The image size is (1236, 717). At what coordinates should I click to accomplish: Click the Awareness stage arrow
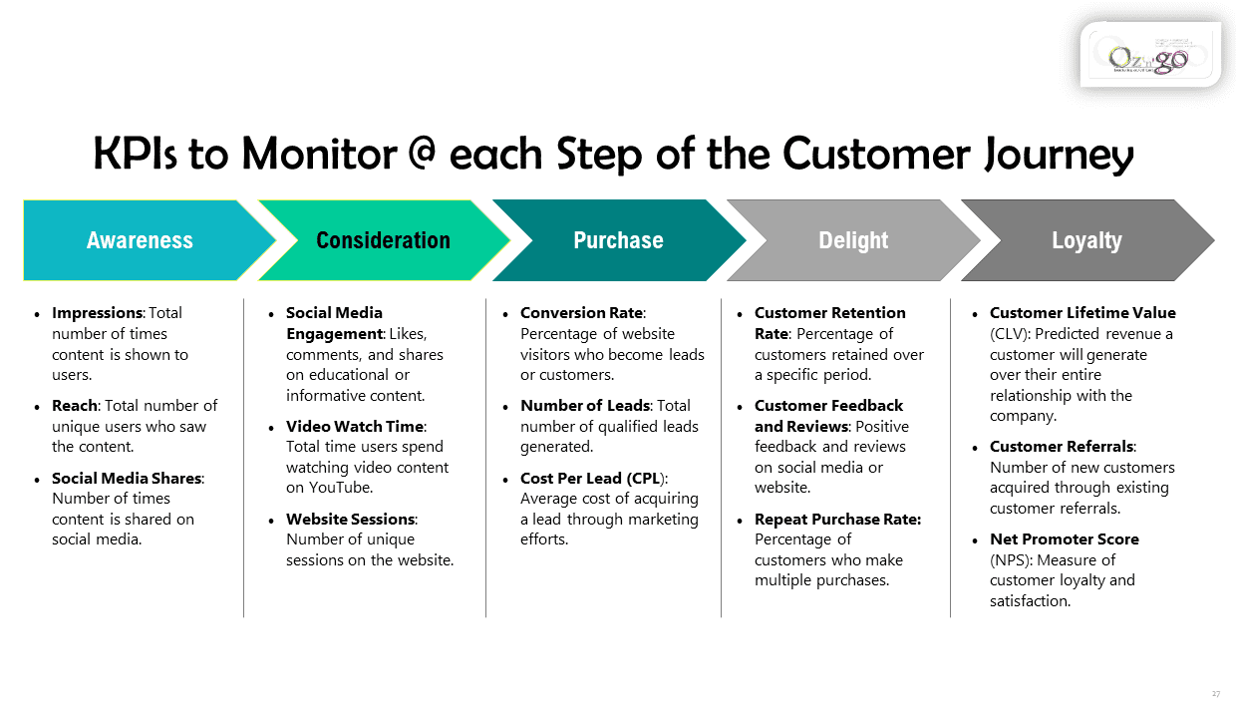coord(140,240)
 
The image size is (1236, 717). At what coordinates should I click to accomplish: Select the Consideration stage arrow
coord(383,240)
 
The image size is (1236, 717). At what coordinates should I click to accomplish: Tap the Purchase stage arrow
coord(618,240)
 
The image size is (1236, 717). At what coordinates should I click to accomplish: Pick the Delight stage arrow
coord(853,240)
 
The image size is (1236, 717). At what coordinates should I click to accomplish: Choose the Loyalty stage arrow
coord(1086,240)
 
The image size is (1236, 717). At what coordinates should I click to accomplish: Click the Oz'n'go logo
coord(1149,56)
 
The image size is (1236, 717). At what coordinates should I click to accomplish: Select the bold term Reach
coord(74,406)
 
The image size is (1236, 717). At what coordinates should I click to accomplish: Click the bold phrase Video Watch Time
coord(355,427)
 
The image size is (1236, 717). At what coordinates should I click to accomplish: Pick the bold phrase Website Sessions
coord(350,520)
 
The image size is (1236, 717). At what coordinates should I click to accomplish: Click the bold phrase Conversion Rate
coord(582,313)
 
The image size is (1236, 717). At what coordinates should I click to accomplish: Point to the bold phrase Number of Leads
coord(585,406)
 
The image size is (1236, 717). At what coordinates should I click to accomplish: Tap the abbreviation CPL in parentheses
coord(646,479)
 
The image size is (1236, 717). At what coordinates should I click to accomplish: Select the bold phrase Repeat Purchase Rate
coord(837,520)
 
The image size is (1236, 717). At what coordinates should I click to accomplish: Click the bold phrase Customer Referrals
coord(1062,447)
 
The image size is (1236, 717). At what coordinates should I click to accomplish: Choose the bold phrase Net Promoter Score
coord(1064,539)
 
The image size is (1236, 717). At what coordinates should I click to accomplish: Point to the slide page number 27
coord(1216,693)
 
